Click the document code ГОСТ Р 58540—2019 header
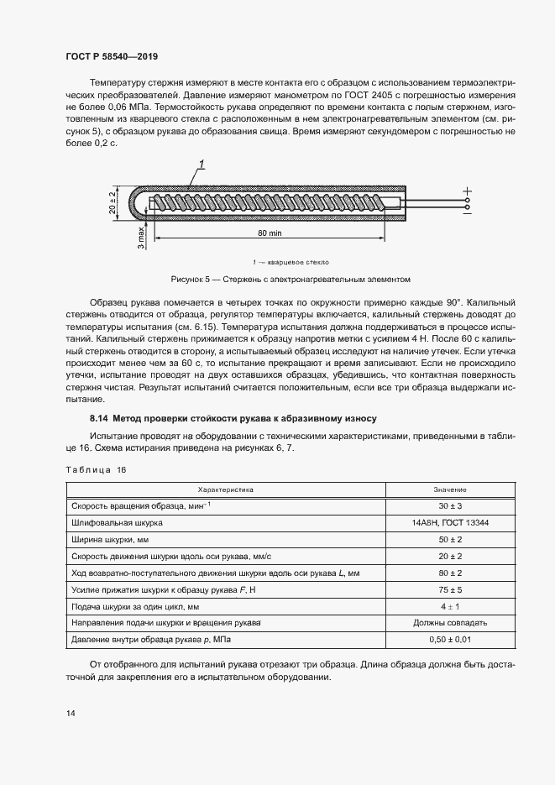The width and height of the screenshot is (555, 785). point(112,56)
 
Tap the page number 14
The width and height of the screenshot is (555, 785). point(70,713)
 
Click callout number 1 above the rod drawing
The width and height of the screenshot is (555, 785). point(202,163)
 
